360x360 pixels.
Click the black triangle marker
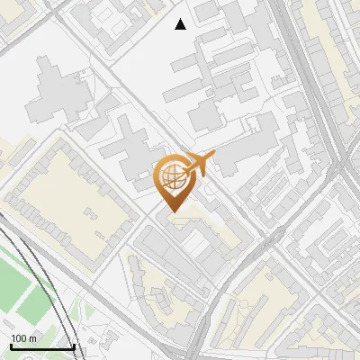coord(181,24)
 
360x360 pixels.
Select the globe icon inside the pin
coord(173,174)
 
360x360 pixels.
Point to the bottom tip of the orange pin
coord(173,211)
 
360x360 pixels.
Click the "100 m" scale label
coord(23,338)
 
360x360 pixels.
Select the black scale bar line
coord(41,346)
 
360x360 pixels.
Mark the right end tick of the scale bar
coord(74,345)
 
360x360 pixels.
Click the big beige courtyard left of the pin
coord(76,193)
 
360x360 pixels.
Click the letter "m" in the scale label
coord(32,338)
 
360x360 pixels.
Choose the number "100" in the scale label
coord(18,338)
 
